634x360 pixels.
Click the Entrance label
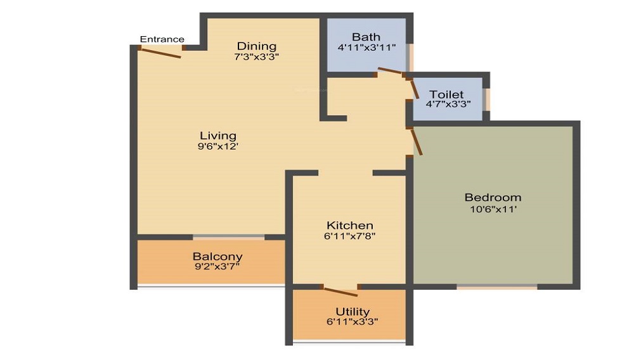pyautogui.click(x=162, y=39)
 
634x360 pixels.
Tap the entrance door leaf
pyautogui.click(x=161, y=53)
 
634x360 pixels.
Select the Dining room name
pyautogui.click(x=257, y=46)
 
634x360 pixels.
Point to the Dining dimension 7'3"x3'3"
pyautogui.click(x=257, y=56)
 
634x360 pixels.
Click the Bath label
pyautogui.click(x=366, y=37)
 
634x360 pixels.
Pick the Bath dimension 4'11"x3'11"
pyautogui.click(x=366, y=48)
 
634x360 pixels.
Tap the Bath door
pyautogui.click(x=390, y=71)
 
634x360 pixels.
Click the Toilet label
pyautogui.click(x=446, y=94)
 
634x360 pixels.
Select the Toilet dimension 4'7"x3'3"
pyautogui.click(x=448, y=104)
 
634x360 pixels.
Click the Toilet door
pyautogui.click(x=415, y=89)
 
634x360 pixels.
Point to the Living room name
pyautogui.click(x=218, y=136)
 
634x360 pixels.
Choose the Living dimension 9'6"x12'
pyautogui.click(x=218, y=146)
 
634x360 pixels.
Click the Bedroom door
pyautogui.click(x=417, y=141)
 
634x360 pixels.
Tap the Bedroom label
pyautogui.click(x=493, y=198)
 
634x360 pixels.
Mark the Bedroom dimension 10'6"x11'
pyautogui.click(x=493, y=209)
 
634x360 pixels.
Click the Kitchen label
pyautogui.click(x=350, y=226)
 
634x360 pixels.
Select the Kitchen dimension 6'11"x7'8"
pyautogui.click(x=350, y=236)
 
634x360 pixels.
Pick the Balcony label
pyautogui.click(x=217, y=257)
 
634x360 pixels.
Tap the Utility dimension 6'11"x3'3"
pyautogui.click(x=353, y=322)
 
